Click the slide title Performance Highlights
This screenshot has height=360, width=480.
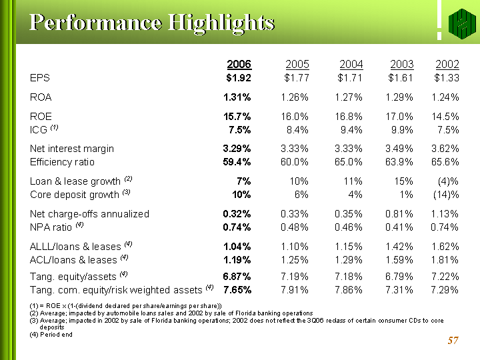click(x=152, y=23)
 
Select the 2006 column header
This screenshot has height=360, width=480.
click(x=239, y=64)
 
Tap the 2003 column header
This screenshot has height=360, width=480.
click(x=401, y=64)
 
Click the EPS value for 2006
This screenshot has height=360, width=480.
click(x=238, y=77)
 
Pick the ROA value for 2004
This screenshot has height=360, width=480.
click(x=347, y=97)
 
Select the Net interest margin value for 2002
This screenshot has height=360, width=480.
click(x=443, y=149)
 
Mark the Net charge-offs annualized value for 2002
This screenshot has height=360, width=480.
click(x=443, y=214)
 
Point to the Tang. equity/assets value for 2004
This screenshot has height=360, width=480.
click(x=347, y=277)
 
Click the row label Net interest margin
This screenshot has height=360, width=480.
click(x=72, y=149)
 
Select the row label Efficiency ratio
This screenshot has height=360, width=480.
click(x=62, y=162)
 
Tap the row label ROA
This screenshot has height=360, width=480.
click(x=41, y=97)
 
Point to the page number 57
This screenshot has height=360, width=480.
click(x=453, y=341)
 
